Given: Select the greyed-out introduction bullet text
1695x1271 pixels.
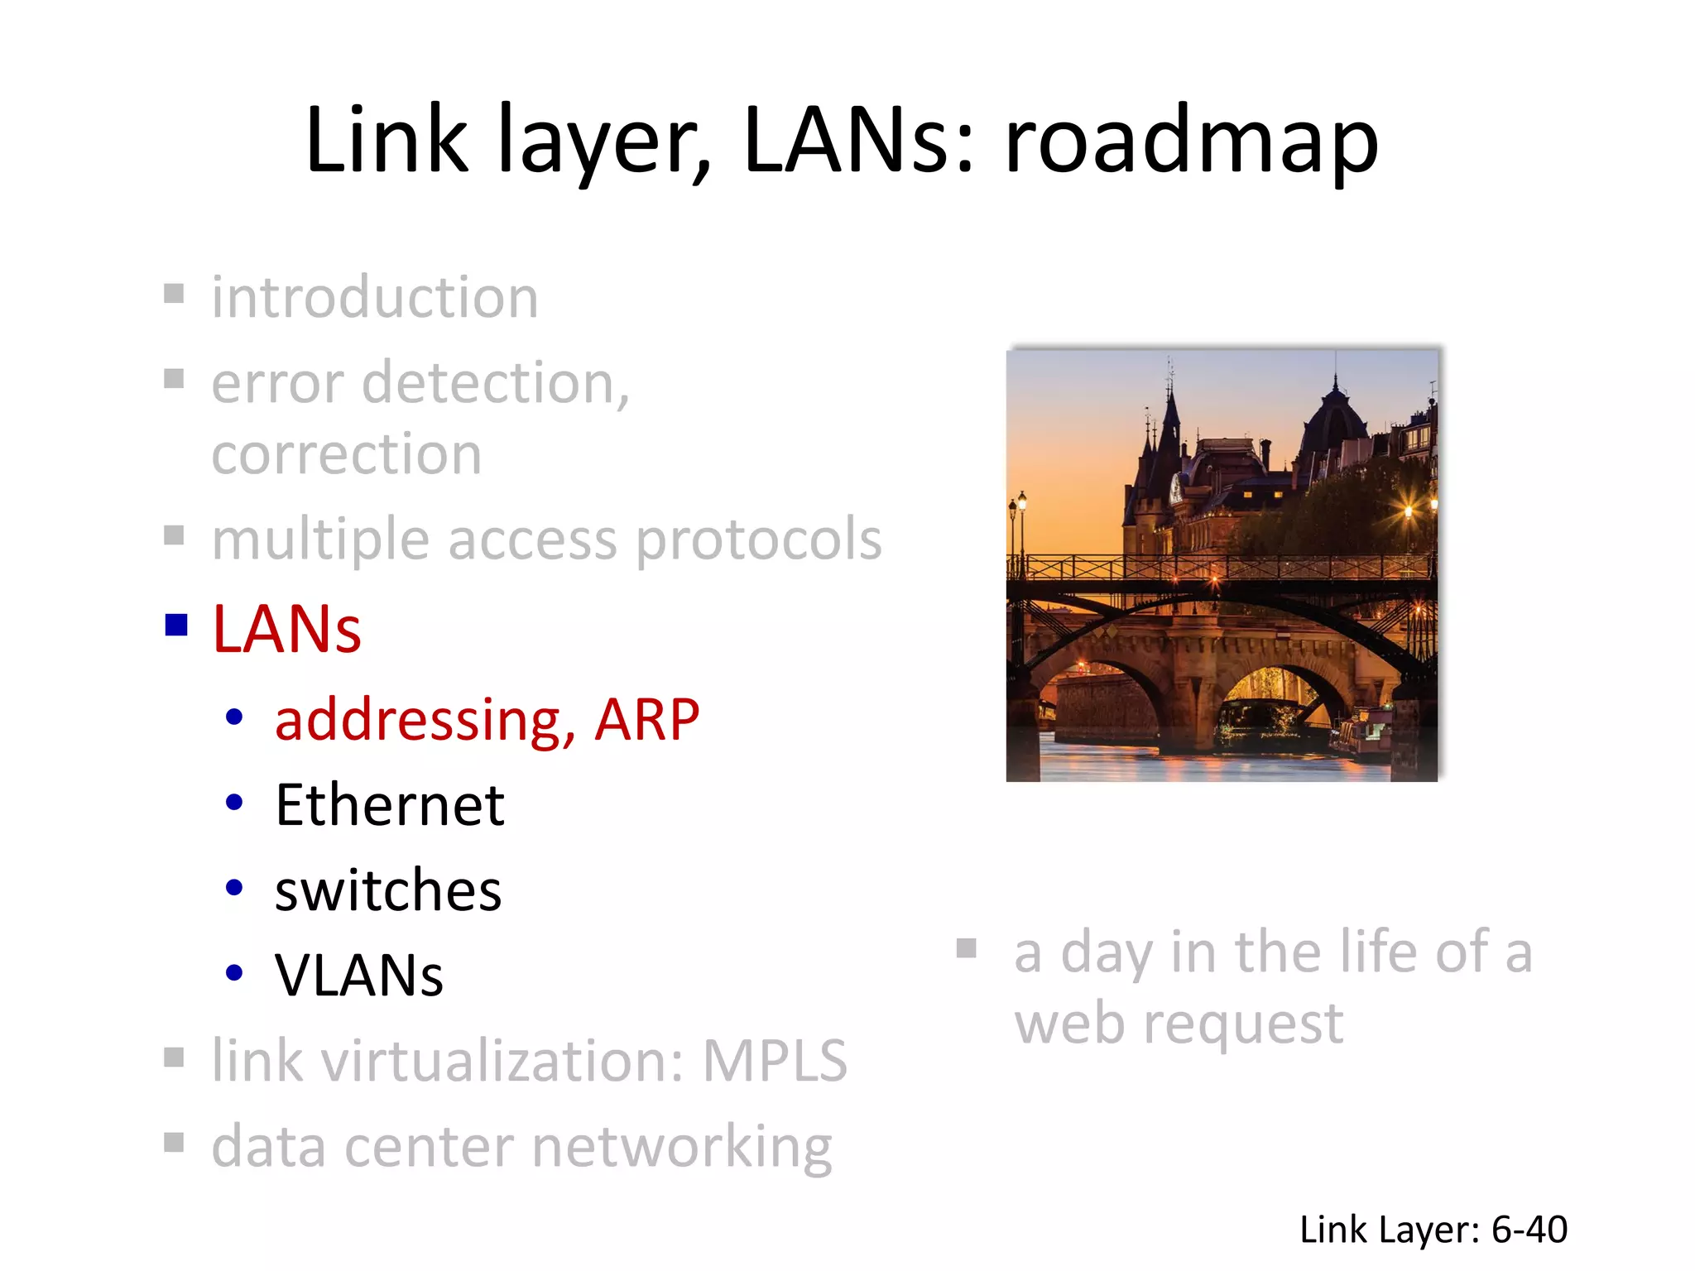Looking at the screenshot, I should pyautogui.click(x=375, y=297).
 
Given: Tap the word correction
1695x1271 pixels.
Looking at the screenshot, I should pyautogui.click(x=347, y=454).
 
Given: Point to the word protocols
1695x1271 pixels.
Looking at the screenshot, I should pyautogui.click(x=759, y=540).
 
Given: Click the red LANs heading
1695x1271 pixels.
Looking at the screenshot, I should pyautogui.click(x=287, y=629).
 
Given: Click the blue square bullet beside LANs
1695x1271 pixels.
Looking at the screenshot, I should pyautogui.click(x=176, y=625).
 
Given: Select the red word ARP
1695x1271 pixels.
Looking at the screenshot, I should pyautogui.click(x=647, y=719).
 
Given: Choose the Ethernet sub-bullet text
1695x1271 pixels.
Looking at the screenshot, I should pyautogui.click(x=390, y=805).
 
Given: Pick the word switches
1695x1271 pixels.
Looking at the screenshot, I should pyautogui.click(x=388, y=891).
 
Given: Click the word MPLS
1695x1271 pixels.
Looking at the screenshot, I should pyautogui.click(x=775, y=1061).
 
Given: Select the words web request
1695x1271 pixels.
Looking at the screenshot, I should pyautogui.click(x=1179, y=1024).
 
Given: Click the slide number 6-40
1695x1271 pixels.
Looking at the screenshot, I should pyautogui.click(x=1529, y=1230).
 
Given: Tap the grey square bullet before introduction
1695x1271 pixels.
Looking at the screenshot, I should pyautogui.click(x=174, y=294).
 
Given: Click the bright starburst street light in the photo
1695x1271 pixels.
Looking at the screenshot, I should pyautogui.click(x=1409, y=511).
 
